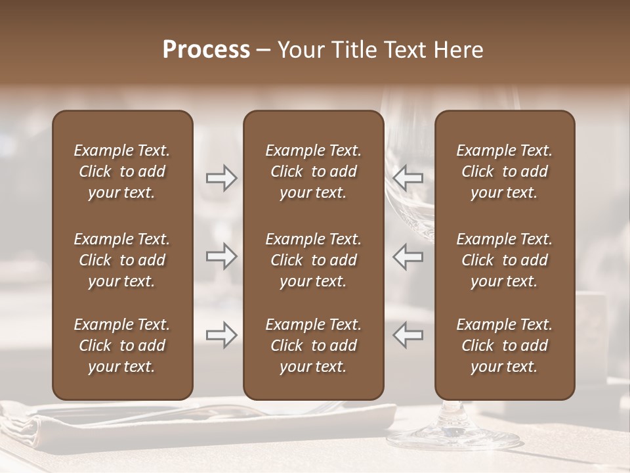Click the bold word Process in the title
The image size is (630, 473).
pos(206,50)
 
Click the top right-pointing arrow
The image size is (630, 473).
pos(221,177)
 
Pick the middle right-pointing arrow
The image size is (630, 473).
pos(221,256)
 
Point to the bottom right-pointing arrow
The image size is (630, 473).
pos(221,335)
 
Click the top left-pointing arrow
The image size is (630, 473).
pos(408,177)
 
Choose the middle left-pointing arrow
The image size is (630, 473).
pos(408,256)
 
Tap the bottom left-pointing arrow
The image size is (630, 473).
pos(408,335)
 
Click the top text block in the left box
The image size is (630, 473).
pos(122,171)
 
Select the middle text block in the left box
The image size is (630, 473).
pos(122,260)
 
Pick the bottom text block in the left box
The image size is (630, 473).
pos(122,346)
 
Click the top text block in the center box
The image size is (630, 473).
pos(313,171)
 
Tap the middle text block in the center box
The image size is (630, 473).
pos(313,260)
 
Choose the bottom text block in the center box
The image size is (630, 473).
pos(313,346)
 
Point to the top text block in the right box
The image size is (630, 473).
pos(504,171)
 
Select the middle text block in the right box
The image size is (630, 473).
pos(504,260)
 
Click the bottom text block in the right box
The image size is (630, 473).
pos(504,346)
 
